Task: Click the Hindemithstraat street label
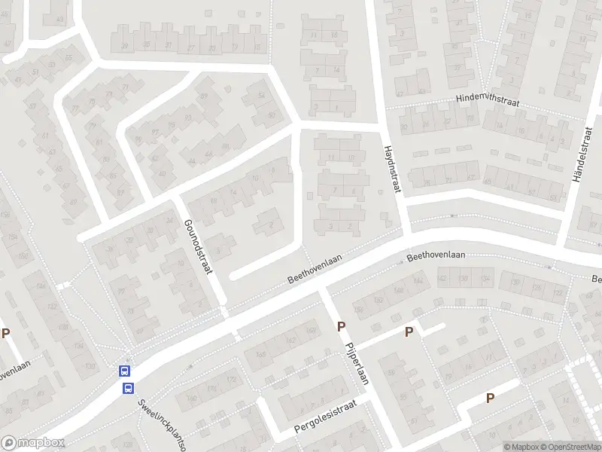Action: click(x=490, y=99)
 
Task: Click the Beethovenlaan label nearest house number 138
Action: click(x=436, y=256)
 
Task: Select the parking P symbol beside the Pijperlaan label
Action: click(x=341, y=327)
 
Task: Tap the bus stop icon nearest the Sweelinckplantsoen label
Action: click(x=129, y=388)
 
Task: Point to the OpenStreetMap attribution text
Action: click(x=571, y=447)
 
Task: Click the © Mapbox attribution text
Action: click(x=521, y=447)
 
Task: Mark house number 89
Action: click(x=203, y=96)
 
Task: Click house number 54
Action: click(x=261, y=95)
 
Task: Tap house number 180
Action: click(x=191, y=399)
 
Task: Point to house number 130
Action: click(x=91, y=366)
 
